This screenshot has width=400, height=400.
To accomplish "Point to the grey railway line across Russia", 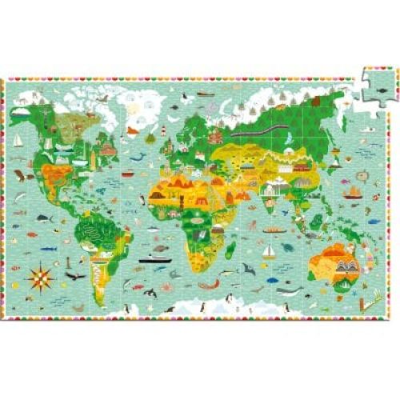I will tap(272, 128).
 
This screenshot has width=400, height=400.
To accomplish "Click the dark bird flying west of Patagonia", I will tap(76, 277).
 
